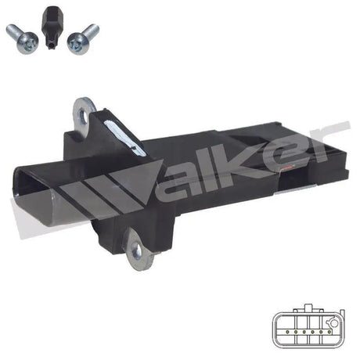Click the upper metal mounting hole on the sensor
[84, 110]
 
